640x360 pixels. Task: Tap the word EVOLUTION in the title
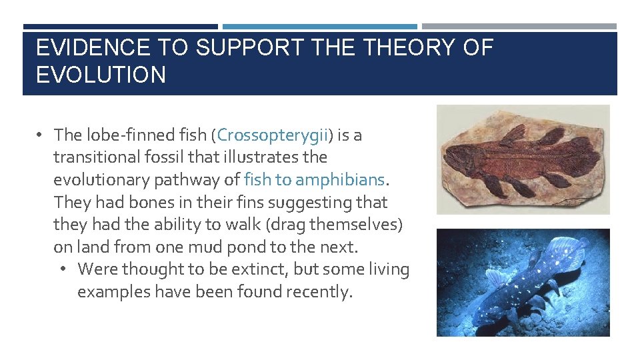coord(101,75)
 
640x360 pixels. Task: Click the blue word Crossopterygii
coord(273,135)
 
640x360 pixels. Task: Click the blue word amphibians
coord(340,180)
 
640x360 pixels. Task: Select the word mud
coord(207,247)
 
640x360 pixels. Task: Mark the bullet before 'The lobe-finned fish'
coord(41,135)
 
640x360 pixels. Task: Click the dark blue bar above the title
coord(120,27)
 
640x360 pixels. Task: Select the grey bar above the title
coord(519,27)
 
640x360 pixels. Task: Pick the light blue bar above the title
coord(320,27)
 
